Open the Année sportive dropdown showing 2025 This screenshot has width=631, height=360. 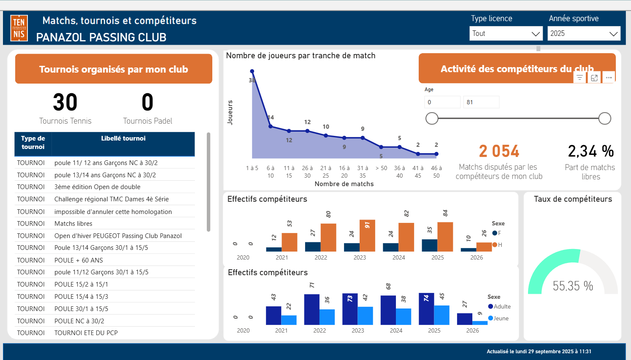pos(584,34)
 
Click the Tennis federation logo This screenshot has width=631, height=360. pos(19,28)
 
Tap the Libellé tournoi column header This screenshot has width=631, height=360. pos(123,138)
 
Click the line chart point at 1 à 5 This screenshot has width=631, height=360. pos(252,71)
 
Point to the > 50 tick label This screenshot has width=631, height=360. pos(381,168)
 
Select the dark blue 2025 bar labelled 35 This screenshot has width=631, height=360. pos(430,245)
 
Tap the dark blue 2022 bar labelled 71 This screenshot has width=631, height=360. pos(311,309)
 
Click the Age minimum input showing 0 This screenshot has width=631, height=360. pos(442,102)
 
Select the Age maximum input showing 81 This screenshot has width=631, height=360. pos(481,102)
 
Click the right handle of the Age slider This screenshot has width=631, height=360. pos(605,119)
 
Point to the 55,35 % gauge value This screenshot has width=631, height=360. pos(573,286)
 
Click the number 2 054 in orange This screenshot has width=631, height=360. pos(499,151)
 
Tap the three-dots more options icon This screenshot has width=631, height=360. pos(609,78)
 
